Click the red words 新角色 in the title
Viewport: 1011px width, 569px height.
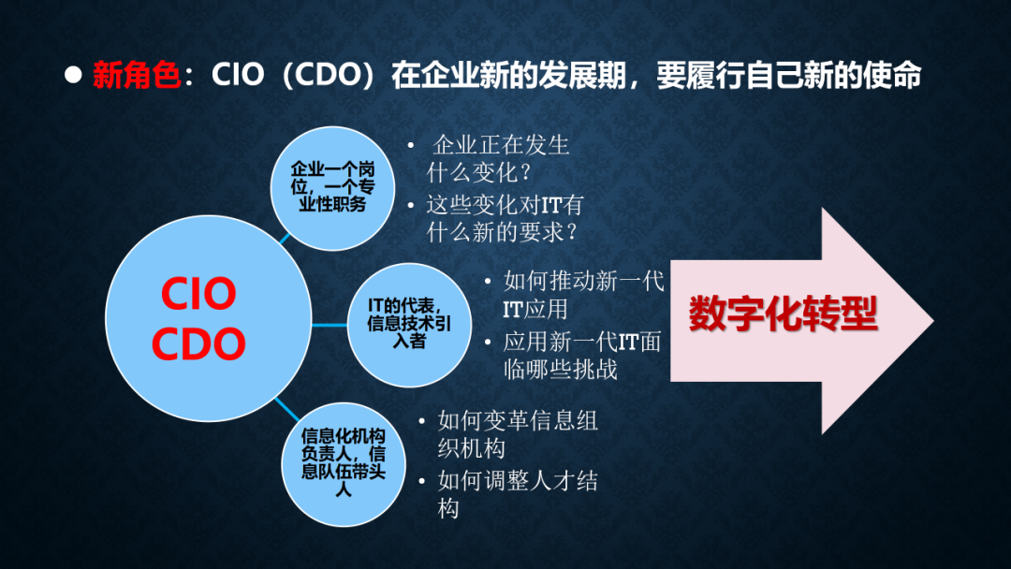click(x=136, y=75)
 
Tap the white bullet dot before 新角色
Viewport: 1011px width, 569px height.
click(x=74, y=75)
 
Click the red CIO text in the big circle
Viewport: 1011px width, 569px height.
click(x=198, y=294)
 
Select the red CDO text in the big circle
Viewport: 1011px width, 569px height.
click(x=198, y=343)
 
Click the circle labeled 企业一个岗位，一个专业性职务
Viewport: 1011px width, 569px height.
click(x=332, y=188)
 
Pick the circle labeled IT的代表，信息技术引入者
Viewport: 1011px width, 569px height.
click(x=409, y=325)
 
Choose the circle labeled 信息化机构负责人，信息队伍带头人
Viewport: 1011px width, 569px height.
click(x=343, y=464)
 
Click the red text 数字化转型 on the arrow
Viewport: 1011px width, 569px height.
click(x=784, y=314)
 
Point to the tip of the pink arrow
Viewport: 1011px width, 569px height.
click(x=933, y=320)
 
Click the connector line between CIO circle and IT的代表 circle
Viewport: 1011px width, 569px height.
click(x=330, y=325)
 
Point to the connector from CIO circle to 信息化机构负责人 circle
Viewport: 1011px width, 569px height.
click(x=287, y=410)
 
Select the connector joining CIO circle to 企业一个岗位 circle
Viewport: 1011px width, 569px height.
click(x=285, y=239)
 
